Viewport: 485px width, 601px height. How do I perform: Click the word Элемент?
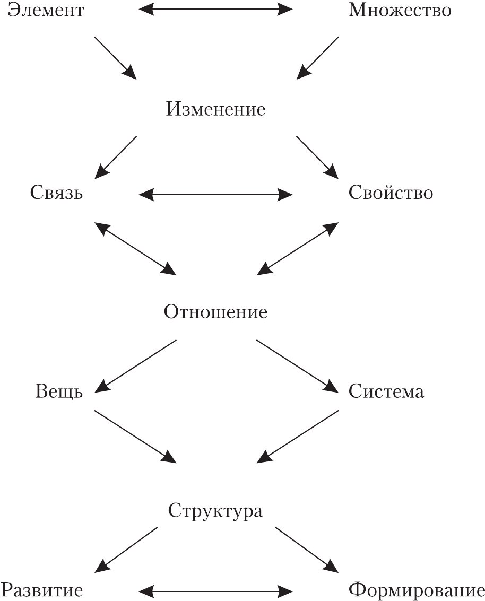(x=46, y=10)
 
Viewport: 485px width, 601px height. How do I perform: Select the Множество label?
(x=400, y=10)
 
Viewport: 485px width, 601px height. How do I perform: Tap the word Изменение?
(x=215, y=110)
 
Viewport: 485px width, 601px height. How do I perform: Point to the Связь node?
(x=56, y=193)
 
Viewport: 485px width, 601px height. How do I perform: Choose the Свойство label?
(x=391, y=193)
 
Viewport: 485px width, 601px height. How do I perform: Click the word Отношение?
(x=215, y=312)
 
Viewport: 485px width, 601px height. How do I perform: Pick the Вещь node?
(x=59, y=393)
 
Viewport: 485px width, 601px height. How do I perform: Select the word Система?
(x=386, y=393)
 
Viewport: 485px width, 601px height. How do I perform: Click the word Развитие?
(x=42, y=590)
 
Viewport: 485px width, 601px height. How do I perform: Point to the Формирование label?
(x=417, y=590)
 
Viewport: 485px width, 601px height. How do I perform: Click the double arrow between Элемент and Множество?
(x=215, y=9)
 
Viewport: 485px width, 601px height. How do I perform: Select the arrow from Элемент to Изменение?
(x=115, y=58)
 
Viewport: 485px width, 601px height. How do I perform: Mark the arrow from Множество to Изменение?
(x=317, y=58)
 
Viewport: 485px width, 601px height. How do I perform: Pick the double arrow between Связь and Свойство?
(x=215, y=195)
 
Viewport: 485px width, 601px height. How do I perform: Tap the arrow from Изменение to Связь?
(x=116, y=157)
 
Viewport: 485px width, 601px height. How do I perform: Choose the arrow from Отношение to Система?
(x=297, y=366)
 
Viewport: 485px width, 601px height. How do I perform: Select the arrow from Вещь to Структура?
(x=135, y=434)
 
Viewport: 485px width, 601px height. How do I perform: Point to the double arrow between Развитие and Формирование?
(x=215, y=590)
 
